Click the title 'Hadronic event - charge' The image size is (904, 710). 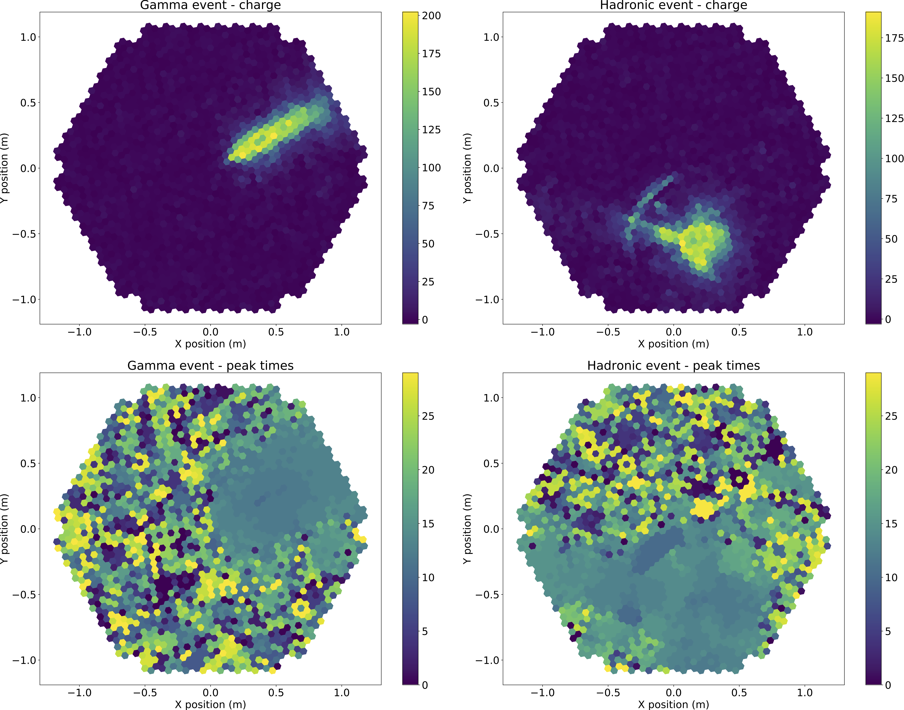point(673,5)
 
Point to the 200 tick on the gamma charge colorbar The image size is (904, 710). point(431,16)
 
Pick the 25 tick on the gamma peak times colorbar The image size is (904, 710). point(428,416)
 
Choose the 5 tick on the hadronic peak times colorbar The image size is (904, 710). point(888,631)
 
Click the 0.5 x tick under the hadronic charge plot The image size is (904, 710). point(739,332)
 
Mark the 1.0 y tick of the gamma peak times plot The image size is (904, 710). point(28,398)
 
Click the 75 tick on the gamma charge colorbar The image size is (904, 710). point(428,206)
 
